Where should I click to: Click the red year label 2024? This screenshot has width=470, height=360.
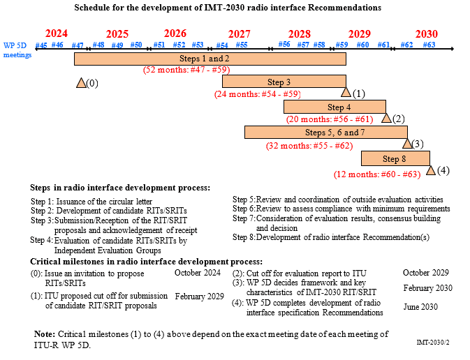(x=57, y=33)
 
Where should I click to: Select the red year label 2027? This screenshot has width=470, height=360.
(x=239, y=33)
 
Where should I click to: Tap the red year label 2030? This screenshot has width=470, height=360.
(x=426, y=33)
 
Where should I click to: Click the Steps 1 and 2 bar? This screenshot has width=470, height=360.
(x=210, y=59)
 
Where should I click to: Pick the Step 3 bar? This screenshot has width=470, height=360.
(x=284, y=82)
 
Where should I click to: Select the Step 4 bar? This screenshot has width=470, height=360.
(x=335, y=107)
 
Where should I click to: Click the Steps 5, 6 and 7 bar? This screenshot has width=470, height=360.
(x=325, y=132)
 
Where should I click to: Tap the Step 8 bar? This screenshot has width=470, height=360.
(x=395, y=158)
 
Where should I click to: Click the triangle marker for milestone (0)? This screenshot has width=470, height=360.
(x=81, y=83)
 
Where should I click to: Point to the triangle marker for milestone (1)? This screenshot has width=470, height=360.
(x=346, y=92)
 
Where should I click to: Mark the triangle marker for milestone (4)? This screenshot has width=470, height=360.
(x=430, y=170)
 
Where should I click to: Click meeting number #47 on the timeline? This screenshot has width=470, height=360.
(x=78, y=45)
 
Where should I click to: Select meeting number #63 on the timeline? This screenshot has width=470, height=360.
(x=429, y=45)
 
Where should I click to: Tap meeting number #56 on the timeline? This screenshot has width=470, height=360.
(x=284, y=45)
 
